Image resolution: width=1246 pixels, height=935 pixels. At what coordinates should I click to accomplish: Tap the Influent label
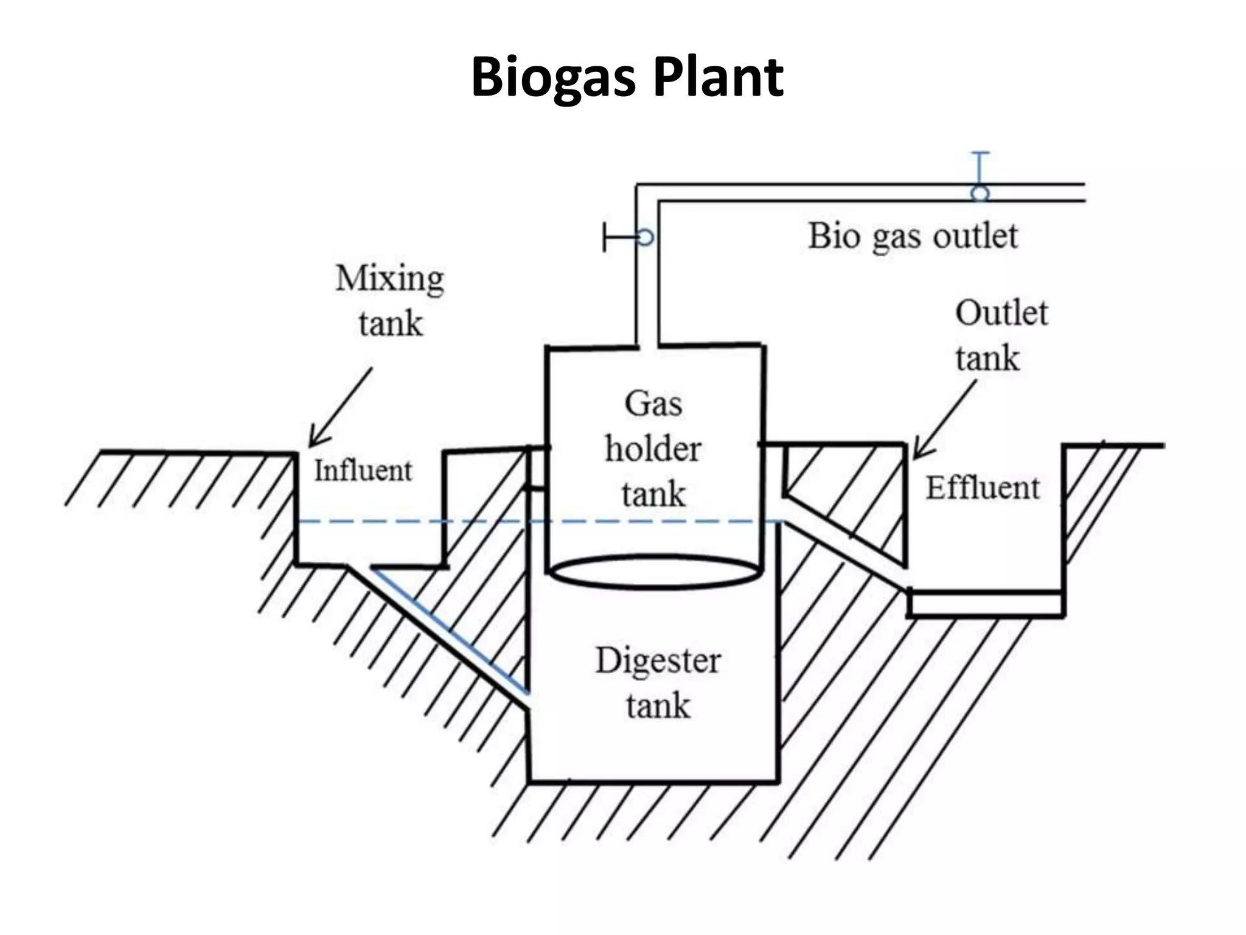363,471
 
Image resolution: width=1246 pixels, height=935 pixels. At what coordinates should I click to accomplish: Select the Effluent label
983,488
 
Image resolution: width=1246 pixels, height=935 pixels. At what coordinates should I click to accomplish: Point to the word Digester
658,661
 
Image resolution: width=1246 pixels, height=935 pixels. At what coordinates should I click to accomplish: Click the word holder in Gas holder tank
653,449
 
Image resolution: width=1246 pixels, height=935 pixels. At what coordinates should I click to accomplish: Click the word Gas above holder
653,404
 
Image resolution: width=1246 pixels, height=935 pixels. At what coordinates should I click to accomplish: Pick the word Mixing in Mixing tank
390,279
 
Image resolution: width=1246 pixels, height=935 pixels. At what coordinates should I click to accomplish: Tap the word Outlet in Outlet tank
1001,313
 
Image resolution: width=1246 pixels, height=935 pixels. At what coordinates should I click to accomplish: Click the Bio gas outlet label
913,236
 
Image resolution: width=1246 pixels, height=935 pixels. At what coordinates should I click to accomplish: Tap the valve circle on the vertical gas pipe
646,237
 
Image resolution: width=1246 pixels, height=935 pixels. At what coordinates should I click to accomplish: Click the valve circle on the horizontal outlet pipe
980,194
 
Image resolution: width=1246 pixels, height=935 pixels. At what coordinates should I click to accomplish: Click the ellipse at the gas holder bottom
654,572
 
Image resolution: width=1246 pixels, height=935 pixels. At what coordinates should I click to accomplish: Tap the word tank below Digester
658,706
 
